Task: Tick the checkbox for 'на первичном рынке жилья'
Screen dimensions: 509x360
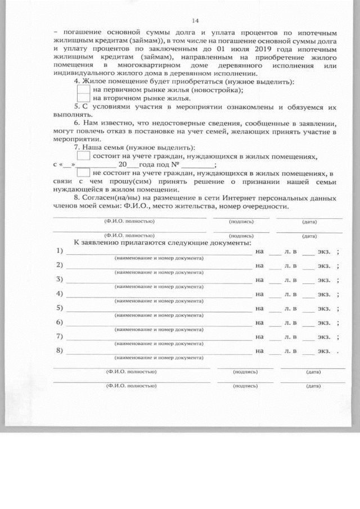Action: tap(83, 89)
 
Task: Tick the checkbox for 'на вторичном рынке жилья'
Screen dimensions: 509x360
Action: tap(83, 98)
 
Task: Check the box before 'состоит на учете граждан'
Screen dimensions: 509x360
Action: tap(83, 156)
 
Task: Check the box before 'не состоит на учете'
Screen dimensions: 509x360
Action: tap(83, 173)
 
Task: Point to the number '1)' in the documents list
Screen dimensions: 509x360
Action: tap(60, 250)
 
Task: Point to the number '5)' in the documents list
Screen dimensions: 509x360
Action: tap(60, 308)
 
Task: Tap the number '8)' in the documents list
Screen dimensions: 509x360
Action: tap(60, 351)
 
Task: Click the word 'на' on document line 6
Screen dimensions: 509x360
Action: tap(259, 322)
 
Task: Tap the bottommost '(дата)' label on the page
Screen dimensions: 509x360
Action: tap(313, 386)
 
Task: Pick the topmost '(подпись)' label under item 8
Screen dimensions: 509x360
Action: tap(241, 222)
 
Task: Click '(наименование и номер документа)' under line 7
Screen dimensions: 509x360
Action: tap(159, 343)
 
